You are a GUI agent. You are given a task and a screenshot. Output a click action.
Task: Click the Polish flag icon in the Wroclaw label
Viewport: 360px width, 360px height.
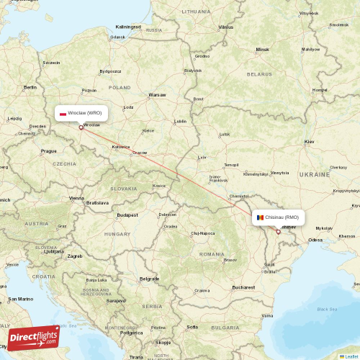(x=63, y=113)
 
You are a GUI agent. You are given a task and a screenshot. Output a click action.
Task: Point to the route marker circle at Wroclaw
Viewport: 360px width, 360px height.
(x=81, y=127)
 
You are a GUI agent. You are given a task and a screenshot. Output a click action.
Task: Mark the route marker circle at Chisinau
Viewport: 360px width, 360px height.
(x=278, y=232)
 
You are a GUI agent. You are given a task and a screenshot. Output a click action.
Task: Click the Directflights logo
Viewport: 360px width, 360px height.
(x=33, y=337)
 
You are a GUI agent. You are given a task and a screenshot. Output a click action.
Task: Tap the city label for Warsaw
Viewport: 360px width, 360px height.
(x=157, y=95)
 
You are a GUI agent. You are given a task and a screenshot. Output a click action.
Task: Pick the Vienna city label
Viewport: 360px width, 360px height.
(x=76, y=197)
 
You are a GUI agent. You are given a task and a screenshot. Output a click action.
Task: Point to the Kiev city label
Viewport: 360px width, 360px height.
(x=310, y=143)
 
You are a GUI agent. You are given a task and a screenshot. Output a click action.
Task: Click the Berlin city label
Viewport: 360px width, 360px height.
(x=30, y=87)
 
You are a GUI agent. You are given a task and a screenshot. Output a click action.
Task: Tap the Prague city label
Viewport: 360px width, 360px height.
(x=49, y=151)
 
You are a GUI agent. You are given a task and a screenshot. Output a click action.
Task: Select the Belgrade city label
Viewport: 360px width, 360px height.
(x=150, y=278)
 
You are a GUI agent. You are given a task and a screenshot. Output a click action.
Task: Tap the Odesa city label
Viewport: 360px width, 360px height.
(x=315, y=239)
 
